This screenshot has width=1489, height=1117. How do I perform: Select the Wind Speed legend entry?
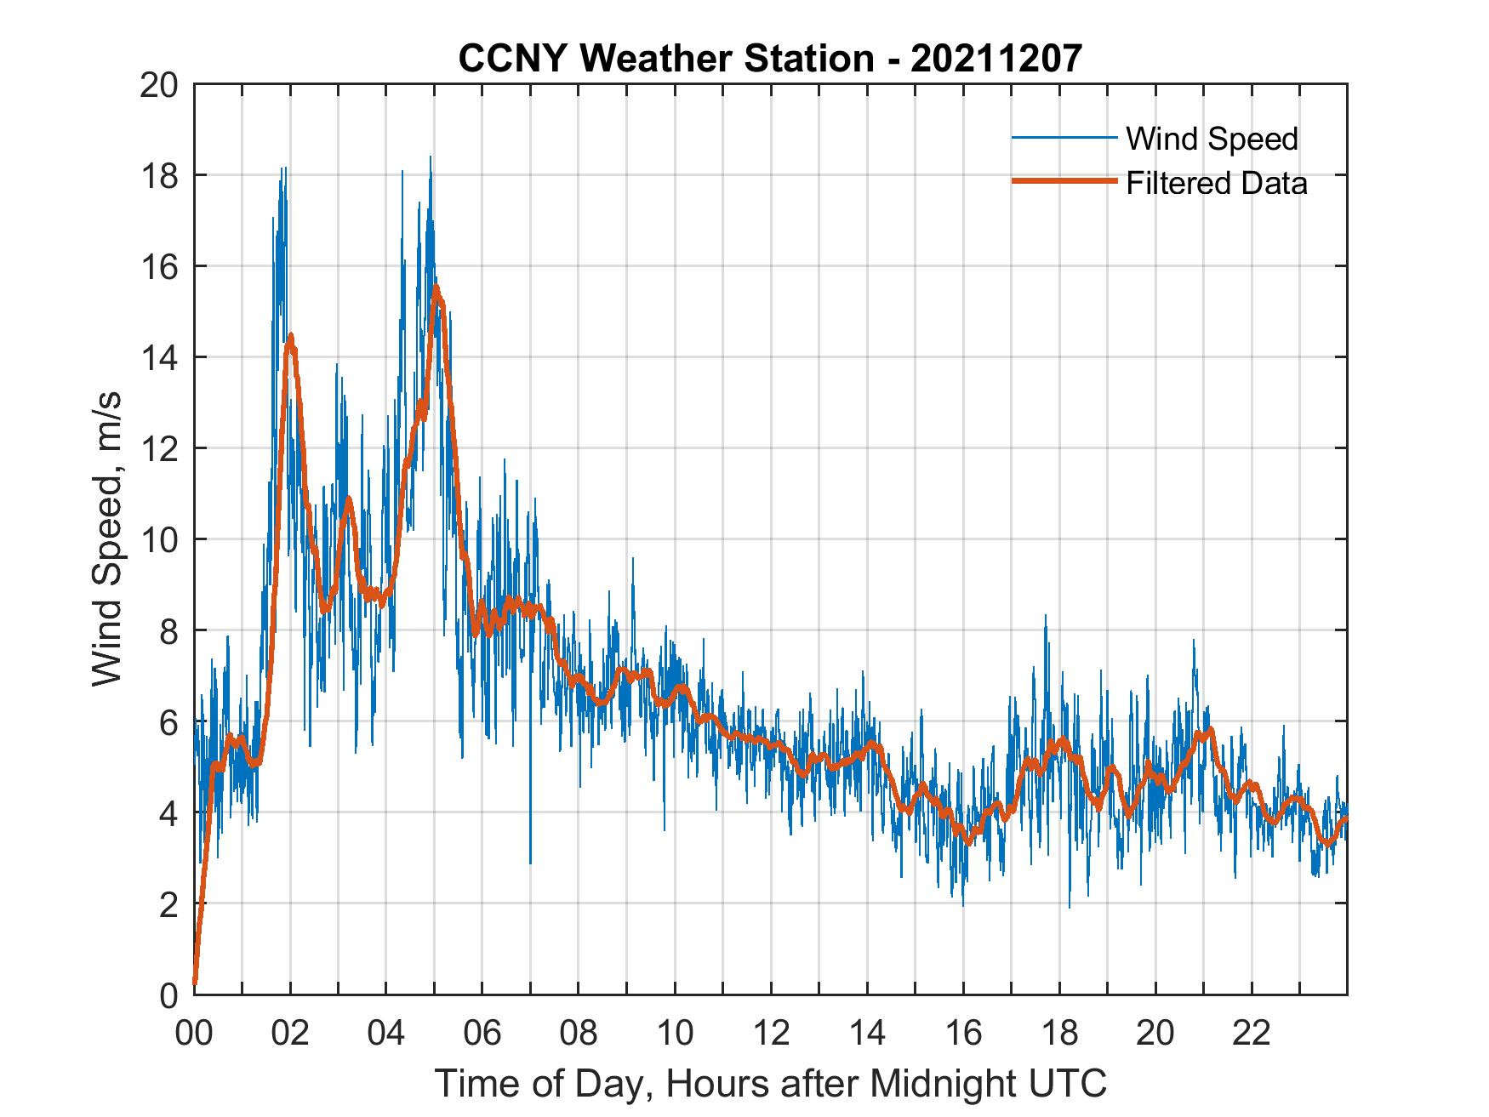(x=1212, y=139)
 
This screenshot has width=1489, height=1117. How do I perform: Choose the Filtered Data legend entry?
(x=1216, y=183)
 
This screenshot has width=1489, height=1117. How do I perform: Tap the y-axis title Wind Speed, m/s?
(x=107, y=539)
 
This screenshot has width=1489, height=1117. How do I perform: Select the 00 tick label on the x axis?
(x=194, y=1034)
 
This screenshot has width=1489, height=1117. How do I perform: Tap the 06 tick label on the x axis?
(x=482, y=1034)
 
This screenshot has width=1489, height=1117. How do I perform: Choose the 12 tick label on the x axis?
(x=771, y=1034)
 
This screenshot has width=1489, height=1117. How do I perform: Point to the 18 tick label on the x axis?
(x=1059, y=1034)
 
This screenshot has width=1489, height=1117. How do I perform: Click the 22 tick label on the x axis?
(x=1252, y=1034)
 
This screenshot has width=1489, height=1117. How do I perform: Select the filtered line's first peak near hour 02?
(x=291, y=336)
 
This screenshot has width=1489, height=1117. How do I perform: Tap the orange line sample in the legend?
(x=1064, y=181)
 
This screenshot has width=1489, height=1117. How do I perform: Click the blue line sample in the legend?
(x=1064, y=138)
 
